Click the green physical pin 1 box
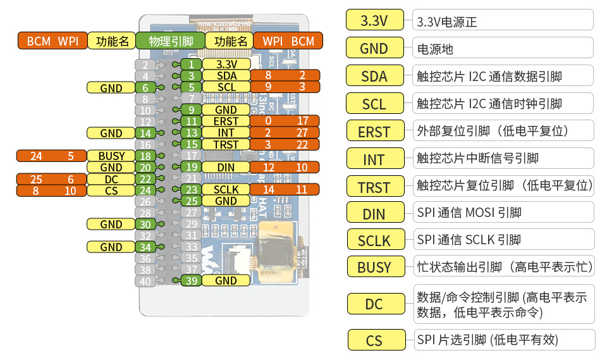(x=191, y=65)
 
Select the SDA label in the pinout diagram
(x=226, y=76)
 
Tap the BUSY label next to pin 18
(x=111, y=156)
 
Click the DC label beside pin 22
(x=111, y=179)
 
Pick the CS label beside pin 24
(x=111, y=190)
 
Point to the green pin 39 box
(x=191, y=281)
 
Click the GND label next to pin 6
(x=111, y=88)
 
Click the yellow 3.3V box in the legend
(x=374, y=21)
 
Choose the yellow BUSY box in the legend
(x=374, y=268)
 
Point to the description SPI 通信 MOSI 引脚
(x=469, y=213)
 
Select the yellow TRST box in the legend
(x=374, y=187)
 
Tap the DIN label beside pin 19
(x=226, y=167)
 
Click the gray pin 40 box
(x=145, y=281)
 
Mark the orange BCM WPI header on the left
(x=52, y=42)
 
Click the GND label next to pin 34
(x=111, y=247)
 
